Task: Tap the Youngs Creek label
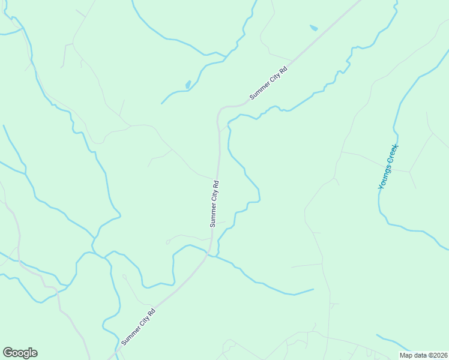pyautogui.click(x=388, y=167)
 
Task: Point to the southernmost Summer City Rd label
pyautogui.click(x=139, y=326)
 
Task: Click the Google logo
pyautogui.click(x=20, y=353)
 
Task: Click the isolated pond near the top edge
pyautogui.click(x=313, y=28)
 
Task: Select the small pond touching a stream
pyautogui.click(x=188, y=85)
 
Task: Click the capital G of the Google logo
pyautogui.click(x=8, y=353)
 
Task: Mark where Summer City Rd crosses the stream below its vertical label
pyautogui.click(x=208, y=254)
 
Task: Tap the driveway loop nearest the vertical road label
pyautogui.click(x=168, y=242)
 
